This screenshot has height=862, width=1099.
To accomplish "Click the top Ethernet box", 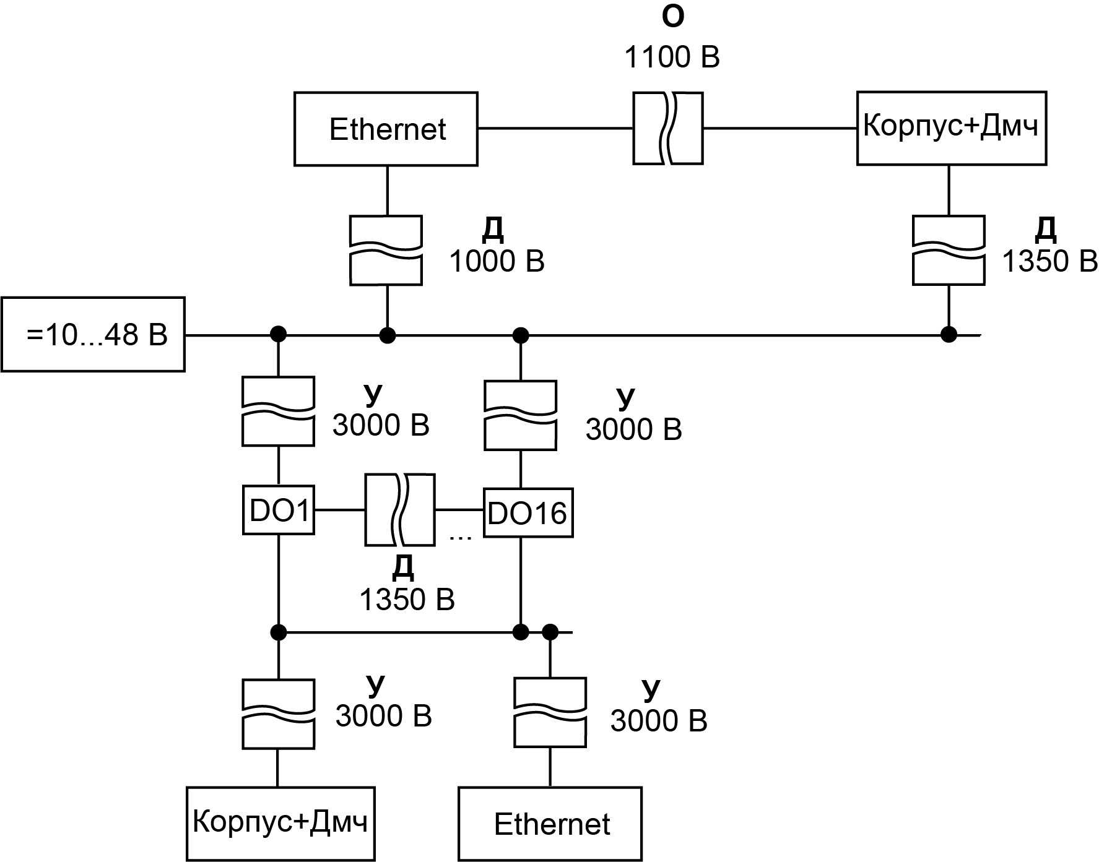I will point(386,129).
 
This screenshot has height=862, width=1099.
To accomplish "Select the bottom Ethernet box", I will point(550,824).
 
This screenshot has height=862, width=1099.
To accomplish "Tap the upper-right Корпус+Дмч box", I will point(951,128).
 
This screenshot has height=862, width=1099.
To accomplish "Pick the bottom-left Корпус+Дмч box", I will point(280,824).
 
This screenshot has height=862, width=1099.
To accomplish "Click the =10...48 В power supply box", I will point(93,335).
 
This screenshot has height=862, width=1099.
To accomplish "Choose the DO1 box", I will point(278,511).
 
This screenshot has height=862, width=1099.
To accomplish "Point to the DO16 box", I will point(528,512).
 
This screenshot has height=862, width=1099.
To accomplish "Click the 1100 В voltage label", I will point(672,58).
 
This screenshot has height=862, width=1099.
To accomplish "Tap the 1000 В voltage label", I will point(497,262).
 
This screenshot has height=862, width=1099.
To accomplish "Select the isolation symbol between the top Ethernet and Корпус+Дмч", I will point(667,128).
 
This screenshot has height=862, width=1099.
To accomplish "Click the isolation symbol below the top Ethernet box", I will point(386,250).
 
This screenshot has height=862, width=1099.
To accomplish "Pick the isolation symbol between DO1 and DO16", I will point(399,510).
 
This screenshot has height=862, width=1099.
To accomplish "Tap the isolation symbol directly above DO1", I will point(278,412).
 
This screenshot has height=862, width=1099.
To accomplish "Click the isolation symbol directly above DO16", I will point(520,415).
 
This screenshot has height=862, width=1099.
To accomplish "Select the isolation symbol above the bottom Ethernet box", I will point(550,712).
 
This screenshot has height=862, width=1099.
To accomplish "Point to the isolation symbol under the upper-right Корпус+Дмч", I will point(949,250).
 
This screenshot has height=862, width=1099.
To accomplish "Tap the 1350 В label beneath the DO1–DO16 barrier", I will point(407,600).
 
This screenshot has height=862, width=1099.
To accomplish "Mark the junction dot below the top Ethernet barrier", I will point(388,335).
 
